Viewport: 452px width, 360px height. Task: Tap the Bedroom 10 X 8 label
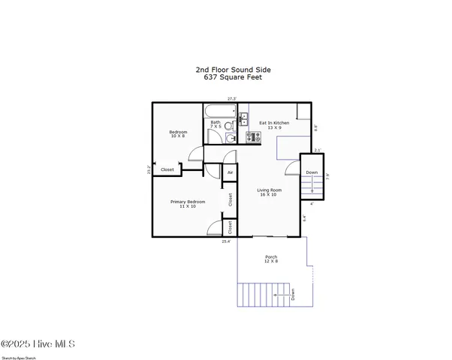click(178, 134)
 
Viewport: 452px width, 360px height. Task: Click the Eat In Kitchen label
click(274, 124)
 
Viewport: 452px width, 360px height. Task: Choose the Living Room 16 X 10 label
click(269, 192)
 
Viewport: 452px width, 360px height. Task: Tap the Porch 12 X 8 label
click(271, 259)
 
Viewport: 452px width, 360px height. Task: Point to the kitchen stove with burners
click(252, 136)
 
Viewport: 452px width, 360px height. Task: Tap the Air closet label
click(230, 173)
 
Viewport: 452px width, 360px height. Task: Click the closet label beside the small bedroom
click(167, 170)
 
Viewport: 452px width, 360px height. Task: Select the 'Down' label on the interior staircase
click(312, 172)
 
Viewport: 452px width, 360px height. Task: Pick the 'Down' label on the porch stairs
click(293, 295)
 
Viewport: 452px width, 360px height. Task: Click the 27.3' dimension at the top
click(233, 99)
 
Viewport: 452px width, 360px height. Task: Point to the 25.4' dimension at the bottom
click(226, 241)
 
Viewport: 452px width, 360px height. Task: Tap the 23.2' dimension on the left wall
click(149, 170)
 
